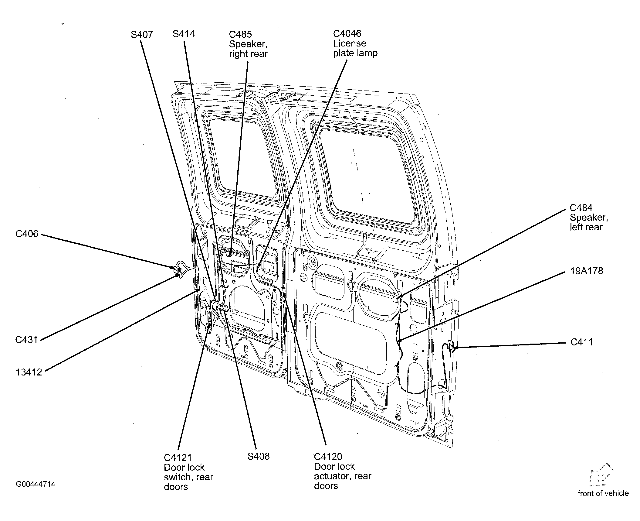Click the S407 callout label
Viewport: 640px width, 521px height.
(142, 35)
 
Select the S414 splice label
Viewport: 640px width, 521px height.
(184, 34)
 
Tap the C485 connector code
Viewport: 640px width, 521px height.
(241, 34)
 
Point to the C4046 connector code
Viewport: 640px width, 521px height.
(347, 33)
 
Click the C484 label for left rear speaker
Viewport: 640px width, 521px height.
(581, 208)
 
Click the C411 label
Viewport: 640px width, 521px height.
(582, 342)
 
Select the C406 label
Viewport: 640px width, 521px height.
(27, 234)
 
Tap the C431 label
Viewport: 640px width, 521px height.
(27, 340)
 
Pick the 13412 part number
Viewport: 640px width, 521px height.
(29, 372)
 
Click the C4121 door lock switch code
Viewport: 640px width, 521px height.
(178, 458)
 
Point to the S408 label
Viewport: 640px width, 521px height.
(259, 456)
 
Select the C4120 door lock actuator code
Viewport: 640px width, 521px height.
(328, 457)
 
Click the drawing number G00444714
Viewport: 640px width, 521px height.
(36, 484)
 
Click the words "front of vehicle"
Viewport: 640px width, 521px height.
(603, 493)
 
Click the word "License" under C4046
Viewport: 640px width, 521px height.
(350, 43)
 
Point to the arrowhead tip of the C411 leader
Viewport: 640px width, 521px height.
(454, 347)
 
